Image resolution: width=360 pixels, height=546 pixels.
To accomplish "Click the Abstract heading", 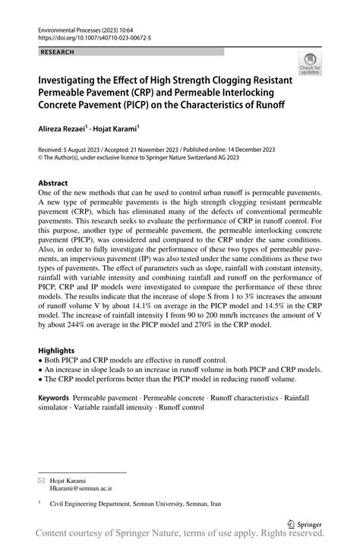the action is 53,183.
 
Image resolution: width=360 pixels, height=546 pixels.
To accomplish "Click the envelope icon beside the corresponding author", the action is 42,481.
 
